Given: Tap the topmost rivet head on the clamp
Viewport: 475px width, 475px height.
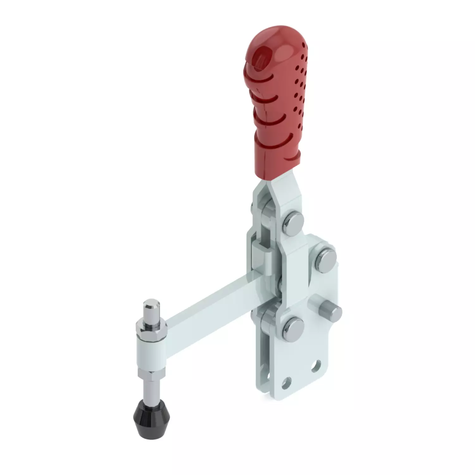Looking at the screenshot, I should (294, 222).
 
